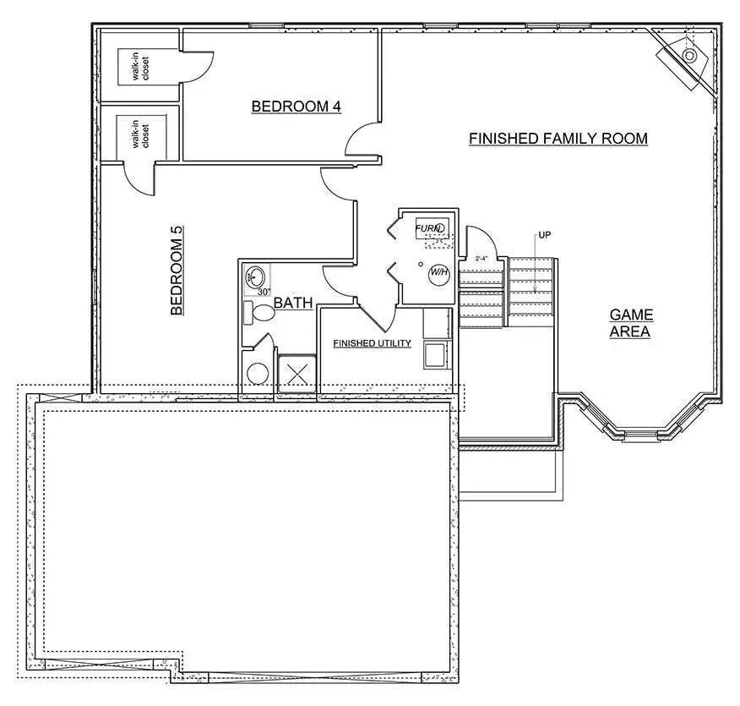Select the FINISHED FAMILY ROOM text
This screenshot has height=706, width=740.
coord(558,138)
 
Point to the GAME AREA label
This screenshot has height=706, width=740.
coord(631,323)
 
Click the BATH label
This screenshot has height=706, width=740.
coord(293,302)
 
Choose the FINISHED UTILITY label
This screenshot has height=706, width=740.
coord(372,343)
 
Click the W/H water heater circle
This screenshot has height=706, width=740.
coord(438,272)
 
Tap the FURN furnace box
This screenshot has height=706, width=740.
coord(429,228)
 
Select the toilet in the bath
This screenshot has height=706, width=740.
coord(260,314)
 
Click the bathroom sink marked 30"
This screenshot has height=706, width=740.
coord(256,276)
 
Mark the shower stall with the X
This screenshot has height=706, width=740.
coord(297,375)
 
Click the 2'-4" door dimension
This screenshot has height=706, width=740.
coord(482,258)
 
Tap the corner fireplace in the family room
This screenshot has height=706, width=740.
coord(686,57)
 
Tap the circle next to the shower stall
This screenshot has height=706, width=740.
coord(257,375)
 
